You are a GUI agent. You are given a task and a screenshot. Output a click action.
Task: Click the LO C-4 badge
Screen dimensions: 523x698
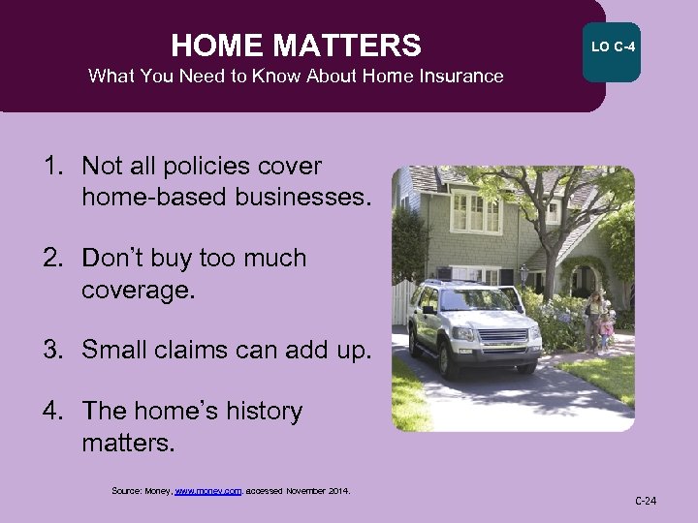611,46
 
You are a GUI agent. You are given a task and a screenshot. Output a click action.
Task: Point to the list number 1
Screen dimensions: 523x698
53,166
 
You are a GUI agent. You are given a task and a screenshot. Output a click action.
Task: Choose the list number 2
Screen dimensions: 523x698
54,259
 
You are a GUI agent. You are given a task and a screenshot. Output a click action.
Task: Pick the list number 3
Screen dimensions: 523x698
54,351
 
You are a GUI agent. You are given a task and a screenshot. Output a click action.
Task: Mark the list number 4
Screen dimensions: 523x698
54,412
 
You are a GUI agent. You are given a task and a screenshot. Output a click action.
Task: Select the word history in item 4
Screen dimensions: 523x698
254,412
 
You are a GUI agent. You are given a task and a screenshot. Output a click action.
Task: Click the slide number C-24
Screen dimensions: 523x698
646,501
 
